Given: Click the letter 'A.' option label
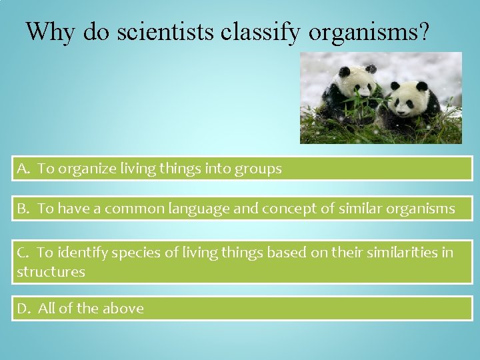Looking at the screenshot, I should (x=24, y=169).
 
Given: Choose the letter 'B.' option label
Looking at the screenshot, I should (x=24, y=209).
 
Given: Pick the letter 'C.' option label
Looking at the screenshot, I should (x=23, y=253).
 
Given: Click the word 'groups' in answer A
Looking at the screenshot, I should (x=258, y=169).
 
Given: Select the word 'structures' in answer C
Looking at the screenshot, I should (x=51, y=272).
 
